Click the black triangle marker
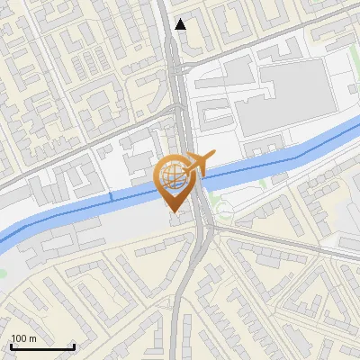[x=181, y=24]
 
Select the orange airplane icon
[x=197, y=163]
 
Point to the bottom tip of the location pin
[x=174, y=211]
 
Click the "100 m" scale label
[x=24, y=339]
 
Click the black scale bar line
[x=42, y=346]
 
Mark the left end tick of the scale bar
[x=11, y=346]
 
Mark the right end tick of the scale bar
[x=74, y=346]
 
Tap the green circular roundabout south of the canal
[x=223, y=211]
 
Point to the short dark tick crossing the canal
[x=111, y=195]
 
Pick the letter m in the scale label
[x=34, y=339]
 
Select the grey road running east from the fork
[x=279, y=241]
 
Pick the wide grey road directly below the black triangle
[x=177, y=72]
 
